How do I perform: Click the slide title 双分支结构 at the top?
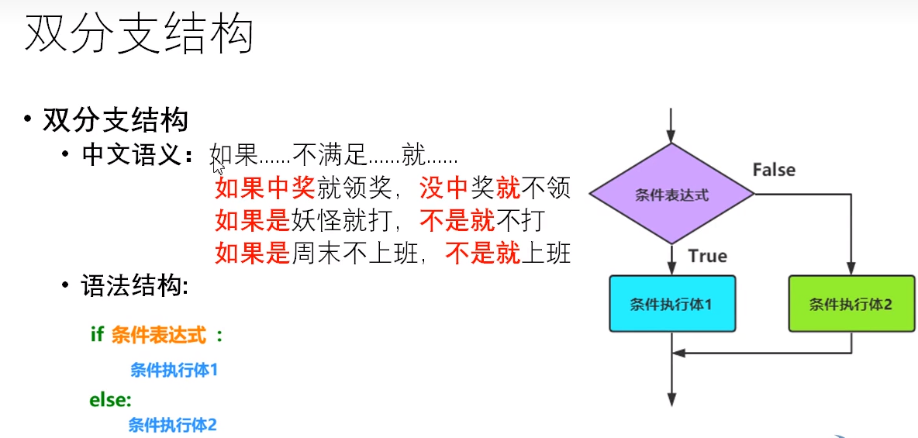pos(139,35)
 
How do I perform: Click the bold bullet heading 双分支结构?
pos(116,120)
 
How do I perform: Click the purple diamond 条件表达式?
pos(671,194)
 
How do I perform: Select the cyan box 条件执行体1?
pos(671,304)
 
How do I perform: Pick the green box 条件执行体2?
pos(851,304)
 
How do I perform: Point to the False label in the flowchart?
pos(774,170)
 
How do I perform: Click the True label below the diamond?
pos(707,256)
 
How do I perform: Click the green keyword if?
pos(97,335)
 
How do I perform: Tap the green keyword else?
pos(111,400)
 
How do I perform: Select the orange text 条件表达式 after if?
pos(159,335)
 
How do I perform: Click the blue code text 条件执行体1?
pos(174,371)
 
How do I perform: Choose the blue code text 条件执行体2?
pos(172,425)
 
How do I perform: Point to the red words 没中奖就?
pos(469,188)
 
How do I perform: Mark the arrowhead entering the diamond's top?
pos(671,136)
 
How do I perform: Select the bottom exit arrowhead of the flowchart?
pos(671,398)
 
